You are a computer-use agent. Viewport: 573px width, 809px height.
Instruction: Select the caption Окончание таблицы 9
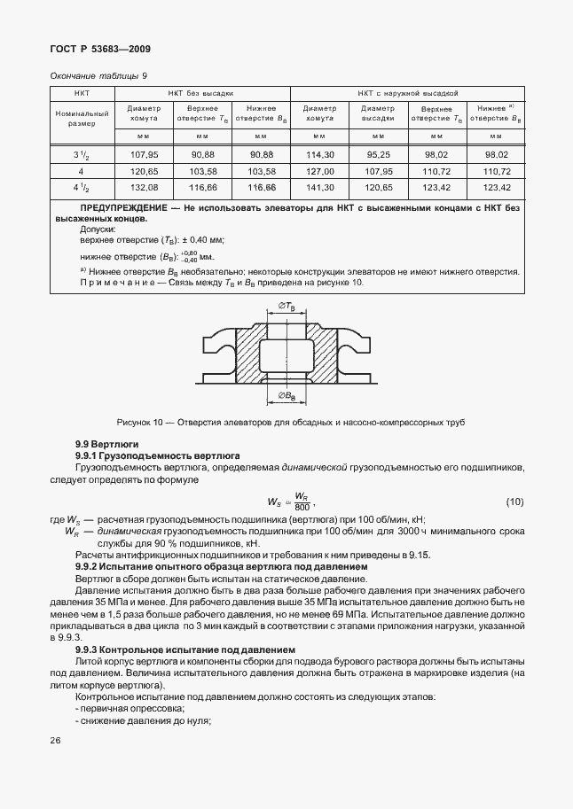98,75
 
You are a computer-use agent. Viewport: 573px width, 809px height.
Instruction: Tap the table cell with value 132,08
143,188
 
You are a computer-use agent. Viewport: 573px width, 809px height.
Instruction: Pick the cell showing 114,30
319,154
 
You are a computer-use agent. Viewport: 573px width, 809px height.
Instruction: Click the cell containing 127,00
319,171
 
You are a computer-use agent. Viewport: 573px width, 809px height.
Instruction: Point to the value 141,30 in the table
319,188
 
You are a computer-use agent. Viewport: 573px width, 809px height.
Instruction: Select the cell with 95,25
378,154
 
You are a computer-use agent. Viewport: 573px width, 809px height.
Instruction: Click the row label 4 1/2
81,188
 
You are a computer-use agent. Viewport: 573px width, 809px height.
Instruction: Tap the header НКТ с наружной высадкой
407,92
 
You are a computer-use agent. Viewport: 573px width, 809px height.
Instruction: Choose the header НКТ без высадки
201,92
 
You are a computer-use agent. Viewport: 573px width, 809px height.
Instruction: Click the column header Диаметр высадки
378,113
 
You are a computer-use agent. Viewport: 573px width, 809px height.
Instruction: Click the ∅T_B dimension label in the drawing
286,306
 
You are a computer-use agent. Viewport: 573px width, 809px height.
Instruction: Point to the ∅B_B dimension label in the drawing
286,395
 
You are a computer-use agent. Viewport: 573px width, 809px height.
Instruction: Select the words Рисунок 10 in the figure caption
141,421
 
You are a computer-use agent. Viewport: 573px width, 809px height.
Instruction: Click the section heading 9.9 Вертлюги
106,443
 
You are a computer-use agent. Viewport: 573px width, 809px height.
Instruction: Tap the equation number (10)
514,502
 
